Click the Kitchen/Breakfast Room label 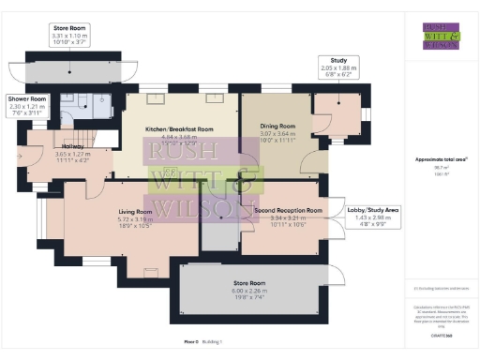point(179,128)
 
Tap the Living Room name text point(135,212)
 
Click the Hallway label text point(46,145)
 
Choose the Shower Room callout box point(27,103)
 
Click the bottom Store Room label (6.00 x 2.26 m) point(250,282)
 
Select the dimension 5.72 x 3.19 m point(135,218)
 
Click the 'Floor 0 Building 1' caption point(196,342)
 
